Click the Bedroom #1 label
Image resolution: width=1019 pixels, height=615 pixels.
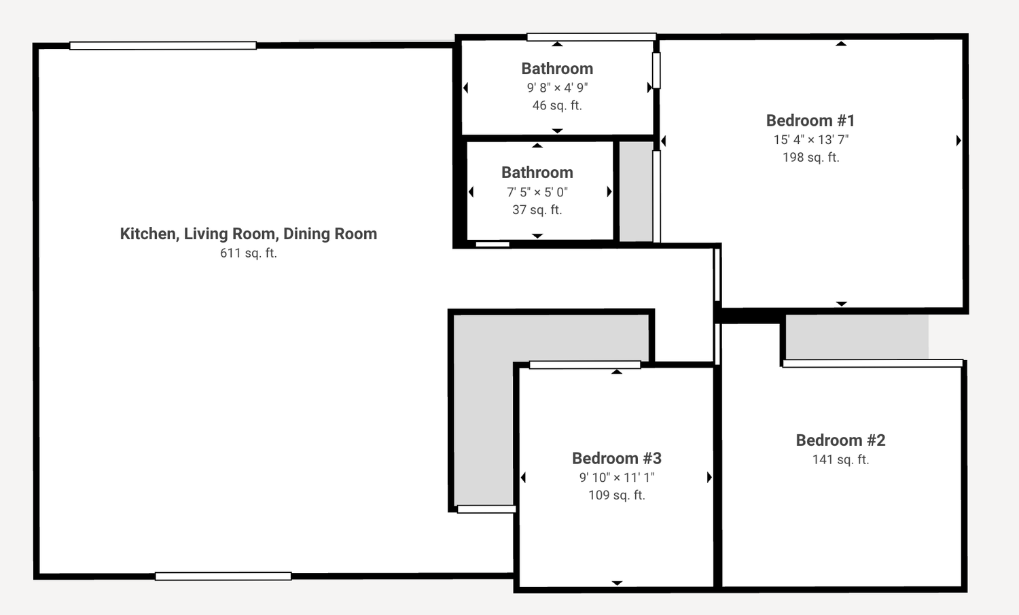point(810,121)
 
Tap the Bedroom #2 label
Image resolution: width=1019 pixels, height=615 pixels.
point(840,440)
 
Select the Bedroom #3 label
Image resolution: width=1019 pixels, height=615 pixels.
point(616,459)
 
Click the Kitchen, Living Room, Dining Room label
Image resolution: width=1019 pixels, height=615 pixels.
point(249,234)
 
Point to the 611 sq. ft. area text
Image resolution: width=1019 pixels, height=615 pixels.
point(249,253)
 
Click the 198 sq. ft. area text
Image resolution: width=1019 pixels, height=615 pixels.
point(810,158)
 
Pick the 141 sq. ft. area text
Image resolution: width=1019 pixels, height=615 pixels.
point(841,460)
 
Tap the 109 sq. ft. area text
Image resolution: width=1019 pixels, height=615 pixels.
point(617,495)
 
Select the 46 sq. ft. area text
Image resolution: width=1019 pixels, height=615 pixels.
point(557,105)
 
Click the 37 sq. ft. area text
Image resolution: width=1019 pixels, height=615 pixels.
point(537,210)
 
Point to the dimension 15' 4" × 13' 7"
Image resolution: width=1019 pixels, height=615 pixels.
point(811,140)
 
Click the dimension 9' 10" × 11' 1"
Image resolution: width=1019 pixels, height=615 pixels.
point(617,478)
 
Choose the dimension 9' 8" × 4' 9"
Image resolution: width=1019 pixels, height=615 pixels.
point(557,88)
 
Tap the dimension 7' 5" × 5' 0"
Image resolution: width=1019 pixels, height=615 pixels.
point(537,192)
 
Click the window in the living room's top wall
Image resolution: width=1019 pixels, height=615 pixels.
point(163,46)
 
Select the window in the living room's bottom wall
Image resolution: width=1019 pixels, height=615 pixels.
point(223,576)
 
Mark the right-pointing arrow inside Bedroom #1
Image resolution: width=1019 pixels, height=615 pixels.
point(959,141)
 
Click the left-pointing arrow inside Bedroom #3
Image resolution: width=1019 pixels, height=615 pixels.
point(523,478)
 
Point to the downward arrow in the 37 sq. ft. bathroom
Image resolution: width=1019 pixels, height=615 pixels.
point(537,236)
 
